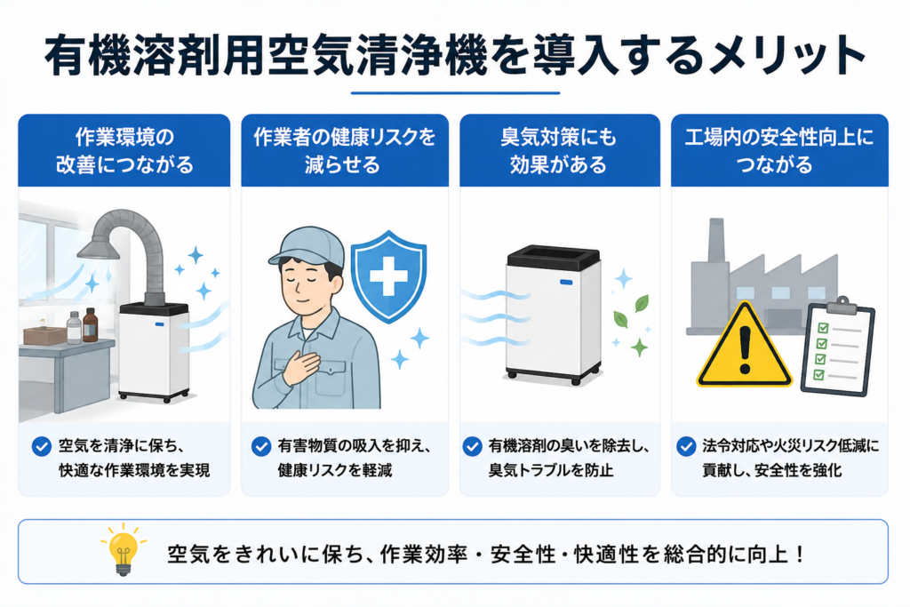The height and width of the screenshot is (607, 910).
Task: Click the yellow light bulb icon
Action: pos(123,550)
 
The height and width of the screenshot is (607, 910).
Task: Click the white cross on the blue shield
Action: pos(388,276)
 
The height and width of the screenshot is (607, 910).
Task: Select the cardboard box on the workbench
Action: pos(44,335)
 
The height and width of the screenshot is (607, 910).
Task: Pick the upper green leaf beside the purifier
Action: pos(642,303)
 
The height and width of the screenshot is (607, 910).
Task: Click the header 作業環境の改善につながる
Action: pos(124,151)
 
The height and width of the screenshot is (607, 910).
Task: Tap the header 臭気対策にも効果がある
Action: pos(559,151)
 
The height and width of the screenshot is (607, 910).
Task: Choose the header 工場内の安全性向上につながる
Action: pos(778,151)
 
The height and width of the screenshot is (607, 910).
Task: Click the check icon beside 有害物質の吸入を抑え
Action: pos(261,446)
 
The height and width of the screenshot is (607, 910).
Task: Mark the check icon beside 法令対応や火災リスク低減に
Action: pos(687,446)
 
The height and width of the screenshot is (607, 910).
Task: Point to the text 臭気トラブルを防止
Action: pos(551,470)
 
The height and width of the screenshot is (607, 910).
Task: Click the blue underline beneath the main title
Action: pos(455,92)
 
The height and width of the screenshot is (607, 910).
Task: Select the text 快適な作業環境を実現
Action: pos(134,470)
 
